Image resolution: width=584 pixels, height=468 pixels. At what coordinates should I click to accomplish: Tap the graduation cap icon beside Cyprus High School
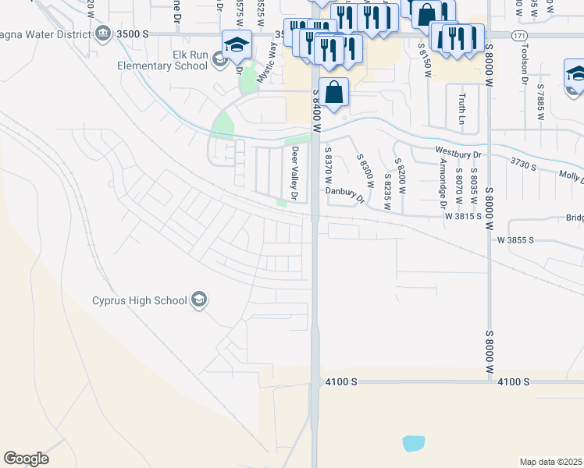point(198,300)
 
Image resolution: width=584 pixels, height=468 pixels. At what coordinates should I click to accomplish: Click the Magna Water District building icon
point(103,34)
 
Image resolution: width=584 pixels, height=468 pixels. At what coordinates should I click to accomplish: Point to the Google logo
point(26,459)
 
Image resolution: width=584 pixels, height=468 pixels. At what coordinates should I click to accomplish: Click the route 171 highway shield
point(519,35)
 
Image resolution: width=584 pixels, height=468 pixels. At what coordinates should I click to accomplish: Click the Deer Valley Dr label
point(295,173)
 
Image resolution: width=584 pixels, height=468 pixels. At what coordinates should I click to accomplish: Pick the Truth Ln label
point(462,108)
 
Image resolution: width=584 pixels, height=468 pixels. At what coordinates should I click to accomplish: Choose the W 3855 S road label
point(515,240)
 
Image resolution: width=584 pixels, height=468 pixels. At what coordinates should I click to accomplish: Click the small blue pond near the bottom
point(414,444)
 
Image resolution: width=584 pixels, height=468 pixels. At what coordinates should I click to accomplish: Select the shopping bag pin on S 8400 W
point(333,92)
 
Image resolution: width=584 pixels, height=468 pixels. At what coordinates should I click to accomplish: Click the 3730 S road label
point(525,161)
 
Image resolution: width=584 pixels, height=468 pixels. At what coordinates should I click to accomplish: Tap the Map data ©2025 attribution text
point(550,462)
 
